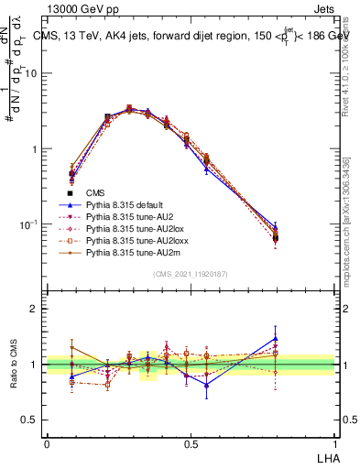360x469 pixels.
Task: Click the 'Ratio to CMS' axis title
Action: click(12, 365)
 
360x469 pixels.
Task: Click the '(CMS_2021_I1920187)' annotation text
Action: click(191, 273)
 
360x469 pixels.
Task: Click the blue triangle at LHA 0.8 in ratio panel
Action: click(276, 339)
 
